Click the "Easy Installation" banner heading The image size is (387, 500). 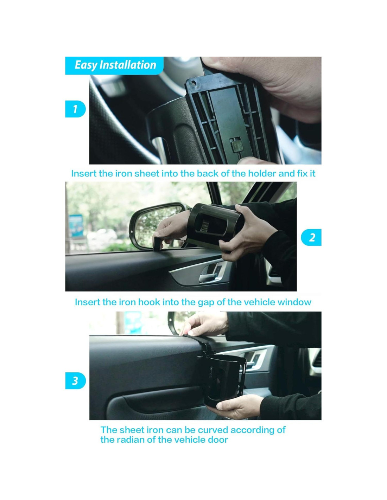click(x=115, y=65)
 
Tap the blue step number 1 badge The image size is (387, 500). click(x=75, y=109)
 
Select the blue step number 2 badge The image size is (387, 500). click(x=311, y=237)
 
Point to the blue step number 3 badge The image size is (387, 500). click(x=75, y=380)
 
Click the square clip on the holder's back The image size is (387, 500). click(x=235, y=145)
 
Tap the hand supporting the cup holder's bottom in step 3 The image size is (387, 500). click(x=237, y=406)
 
